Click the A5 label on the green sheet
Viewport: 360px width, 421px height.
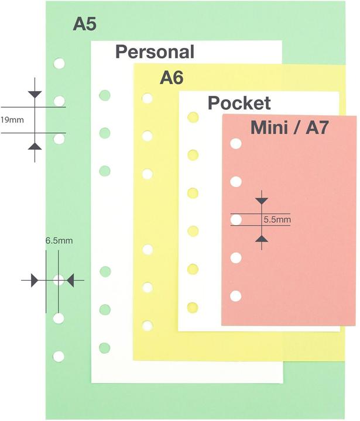[84, 24]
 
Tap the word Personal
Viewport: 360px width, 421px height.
[155, 51]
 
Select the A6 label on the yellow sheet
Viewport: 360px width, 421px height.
[172, 78]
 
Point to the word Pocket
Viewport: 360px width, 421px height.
[239, 103]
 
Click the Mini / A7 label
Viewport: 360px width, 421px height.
[289, 127]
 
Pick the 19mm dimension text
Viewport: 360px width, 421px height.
[12, 120]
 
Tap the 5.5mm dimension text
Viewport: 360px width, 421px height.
[277, 220]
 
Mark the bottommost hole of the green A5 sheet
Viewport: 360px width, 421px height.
[59, 356]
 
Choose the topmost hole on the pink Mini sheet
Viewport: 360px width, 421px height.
[236, 143]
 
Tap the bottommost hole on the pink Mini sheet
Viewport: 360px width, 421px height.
[236, 296]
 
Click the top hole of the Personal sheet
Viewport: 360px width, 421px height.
[105, 95]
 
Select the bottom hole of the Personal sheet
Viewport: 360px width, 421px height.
[105, 348]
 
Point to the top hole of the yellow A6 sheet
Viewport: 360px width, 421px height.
[148, 98]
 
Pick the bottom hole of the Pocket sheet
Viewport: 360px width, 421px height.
[192, 307]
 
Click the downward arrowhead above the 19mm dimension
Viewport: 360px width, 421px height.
[35, 94]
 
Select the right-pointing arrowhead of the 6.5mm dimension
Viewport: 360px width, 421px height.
[35, 281]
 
